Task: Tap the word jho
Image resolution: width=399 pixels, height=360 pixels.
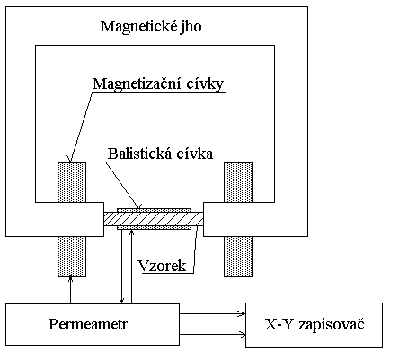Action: tap(192, 27)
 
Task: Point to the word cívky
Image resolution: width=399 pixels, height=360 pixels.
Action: tap(205, 83)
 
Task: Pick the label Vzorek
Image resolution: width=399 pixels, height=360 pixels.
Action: tap(162, 266)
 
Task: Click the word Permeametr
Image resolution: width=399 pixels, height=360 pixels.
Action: tap(88, 324)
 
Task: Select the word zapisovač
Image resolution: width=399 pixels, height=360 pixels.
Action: tap(331, 325)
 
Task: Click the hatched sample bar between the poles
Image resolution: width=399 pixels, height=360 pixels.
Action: tap(154, 219)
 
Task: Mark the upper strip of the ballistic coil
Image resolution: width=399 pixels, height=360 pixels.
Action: tap(154, 210)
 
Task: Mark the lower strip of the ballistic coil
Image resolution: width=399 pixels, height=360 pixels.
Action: tap(154, 228)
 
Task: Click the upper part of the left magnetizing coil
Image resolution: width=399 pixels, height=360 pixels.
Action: tap(72, 182)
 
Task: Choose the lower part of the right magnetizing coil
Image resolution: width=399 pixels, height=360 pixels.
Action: tap(238, 256)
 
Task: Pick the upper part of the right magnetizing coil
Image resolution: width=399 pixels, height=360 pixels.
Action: tap(238, 182)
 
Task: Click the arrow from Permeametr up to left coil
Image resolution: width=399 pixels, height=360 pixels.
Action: tap(71, 290)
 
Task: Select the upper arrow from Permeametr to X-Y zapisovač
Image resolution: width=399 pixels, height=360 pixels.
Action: tap(212, 313)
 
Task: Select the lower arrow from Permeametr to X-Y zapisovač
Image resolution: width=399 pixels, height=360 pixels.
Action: tap(212, 334)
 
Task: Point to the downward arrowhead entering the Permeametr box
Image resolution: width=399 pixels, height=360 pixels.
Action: tap(121, 301)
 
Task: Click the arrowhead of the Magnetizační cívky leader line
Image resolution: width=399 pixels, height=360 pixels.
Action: tap(70, 159)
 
